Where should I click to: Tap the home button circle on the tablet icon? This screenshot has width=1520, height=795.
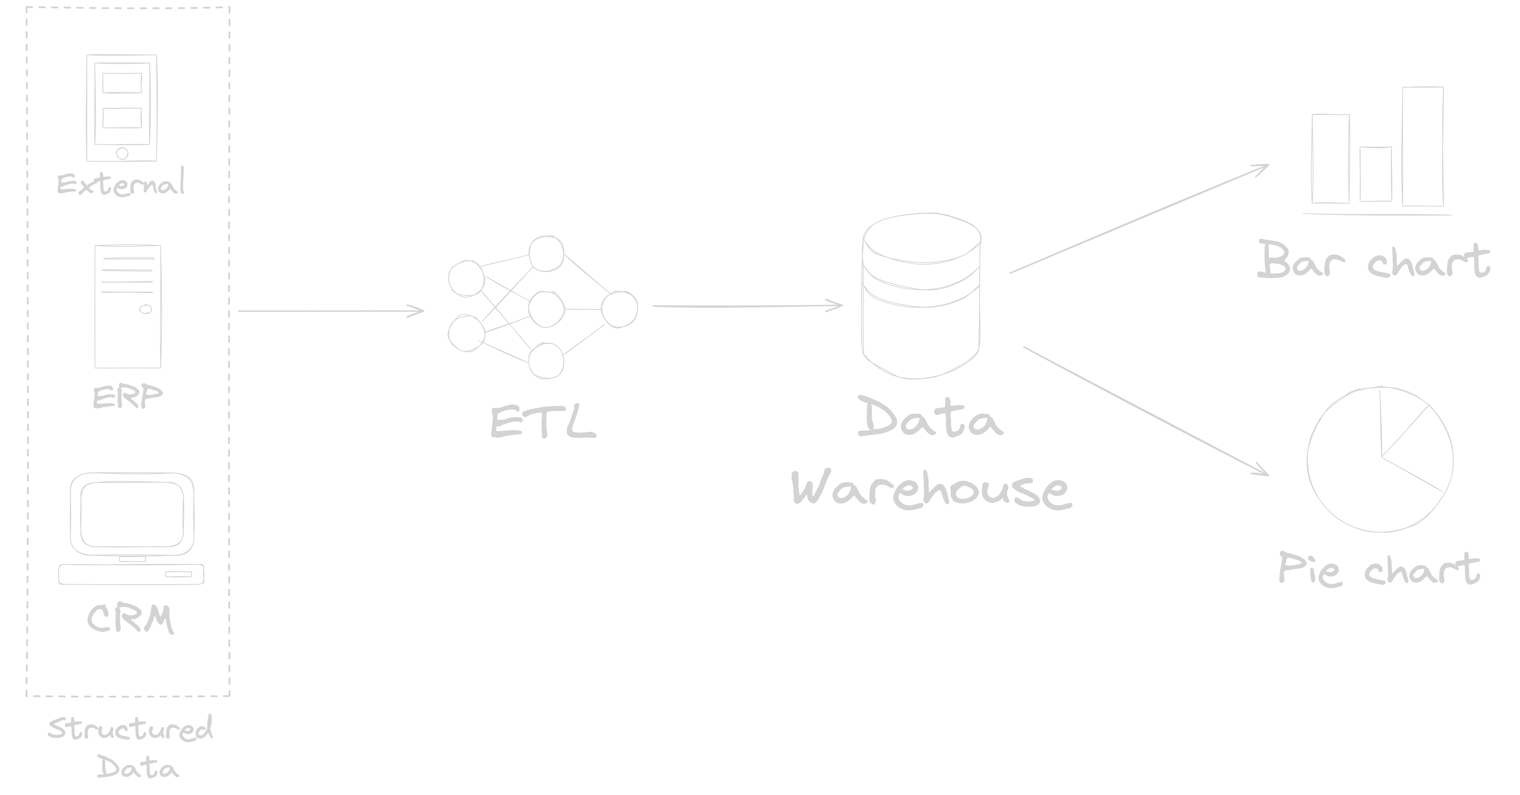(122, 153)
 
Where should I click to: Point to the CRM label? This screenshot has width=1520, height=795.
(130, 619)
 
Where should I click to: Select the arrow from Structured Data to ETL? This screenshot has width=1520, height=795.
(331, 311)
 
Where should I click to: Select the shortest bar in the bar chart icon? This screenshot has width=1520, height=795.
(1375, 174)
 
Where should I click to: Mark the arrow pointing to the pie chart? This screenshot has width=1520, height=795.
(1145, 411)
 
